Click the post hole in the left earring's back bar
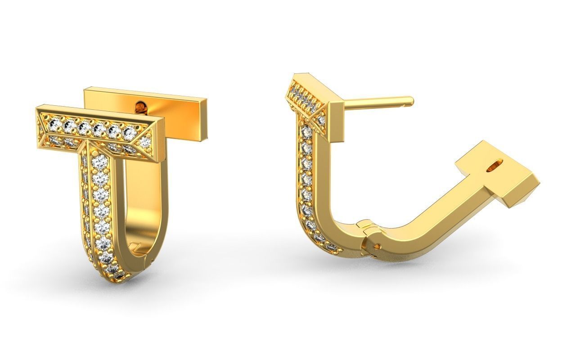click(141, 107)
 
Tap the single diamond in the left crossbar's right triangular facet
click(145, 142)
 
